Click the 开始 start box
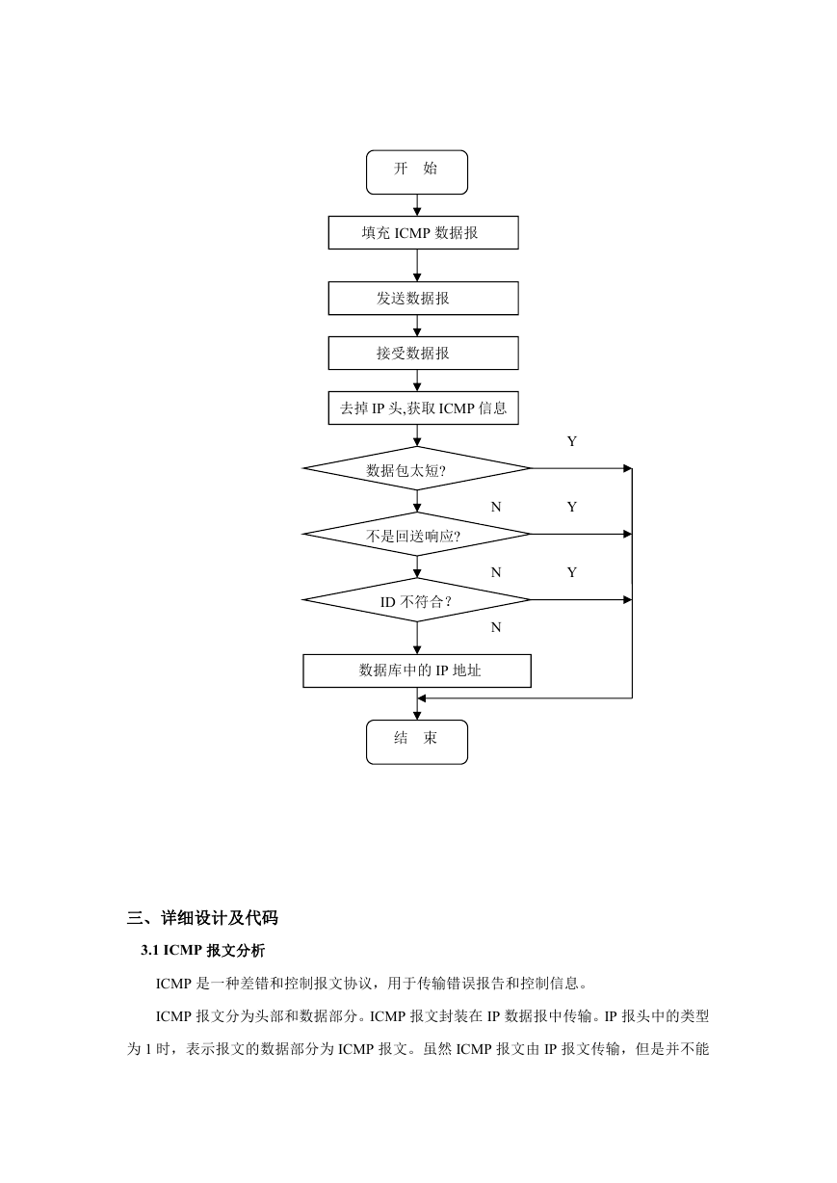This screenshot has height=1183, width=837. tap(417, 172)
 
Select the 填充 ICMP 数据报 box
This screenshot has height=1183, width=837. tap(423, 232)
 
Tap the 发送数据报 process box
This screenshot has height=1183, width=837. tap(423, 298)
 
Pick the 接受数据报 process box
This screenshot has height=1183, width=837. tap(423, 353)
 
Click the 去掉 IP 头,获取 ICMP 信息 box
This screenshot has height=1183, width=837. tap(423, 407)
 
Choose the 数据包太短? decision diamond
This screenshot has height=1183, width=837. tap(417, 468)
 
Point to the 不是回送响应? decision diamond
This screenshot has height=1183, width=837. tap(417, 534)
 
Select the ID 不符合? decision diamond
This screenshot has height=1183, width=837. tap(417, 600)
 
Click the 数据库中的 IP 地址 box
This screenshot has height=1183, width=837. tap(417, 670)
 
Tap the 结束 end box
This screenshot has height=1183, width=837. tap(417, 742)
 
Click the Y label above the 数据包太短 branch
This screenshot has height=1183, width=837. tap(572, 441)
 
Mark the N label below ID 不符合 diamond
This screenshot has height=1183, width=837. tap(496, 627)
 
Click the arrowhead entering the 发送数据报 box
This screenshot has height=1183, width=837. tap(417, 277)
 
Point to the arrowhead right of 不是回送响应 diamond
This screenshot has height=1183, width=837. tap(628, 534)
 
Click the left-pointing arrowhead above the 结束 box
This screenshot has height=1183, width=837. tap(422, 698)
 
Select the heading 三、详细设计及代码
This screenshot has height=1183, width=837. tap(202, 918)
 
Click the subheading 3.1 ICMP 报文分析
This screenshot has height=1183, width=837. tap(203, 951)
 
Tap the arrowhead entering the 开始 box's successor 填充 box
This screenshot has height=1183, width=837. tap(417, 212)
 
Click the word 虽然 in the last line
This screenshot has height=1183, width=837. tap(438, 1048)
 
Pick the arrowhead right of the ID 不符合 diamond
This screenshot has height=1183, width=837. tap(628, 600)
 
